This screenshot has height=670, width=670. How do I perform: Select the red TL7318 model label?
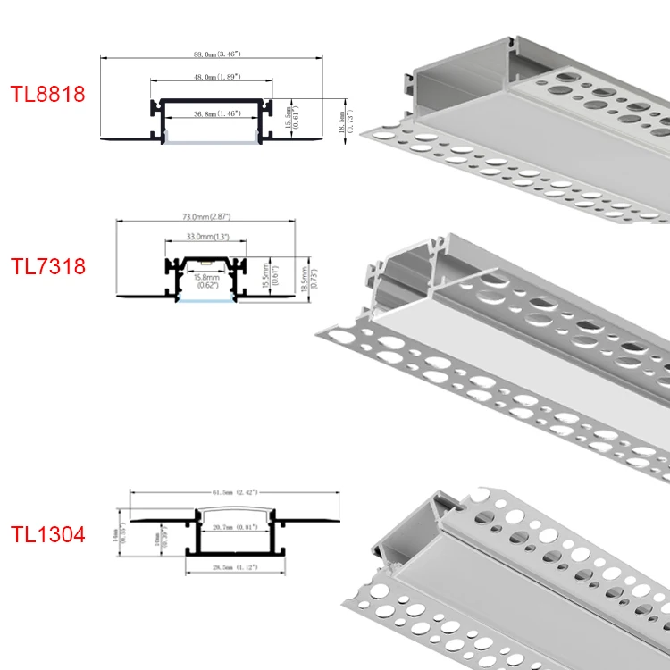47,266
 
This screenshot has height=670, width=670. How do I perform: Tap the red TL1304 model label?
47,535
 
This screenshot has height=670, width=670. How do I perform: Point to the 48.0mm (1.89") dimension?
211,78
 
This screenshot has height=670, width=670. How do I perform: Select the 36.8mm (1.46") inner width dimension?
211,115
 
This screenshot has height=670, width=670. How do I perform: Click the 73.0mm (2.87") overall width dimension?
206,217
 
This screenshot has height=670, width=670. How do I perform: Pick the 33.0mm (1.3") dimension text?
206,237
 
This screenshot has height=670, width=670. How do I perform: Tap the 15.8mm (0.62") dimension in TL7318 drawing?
206,281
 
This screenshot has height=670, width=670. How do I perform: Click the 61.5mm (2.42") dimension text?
235,492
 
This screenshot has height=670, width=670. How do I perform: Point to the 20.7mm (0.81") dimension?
235,529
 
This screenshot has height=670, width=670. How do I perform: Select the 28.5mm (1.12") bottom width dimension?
235,567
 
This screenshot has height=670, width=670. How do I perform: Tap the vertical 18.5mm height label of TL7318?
306,274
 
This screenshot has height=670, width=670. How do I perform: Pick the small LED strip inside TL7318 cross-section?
206,265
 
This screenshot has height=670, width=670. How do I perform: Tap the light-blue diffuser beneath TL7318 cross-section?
206,299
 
